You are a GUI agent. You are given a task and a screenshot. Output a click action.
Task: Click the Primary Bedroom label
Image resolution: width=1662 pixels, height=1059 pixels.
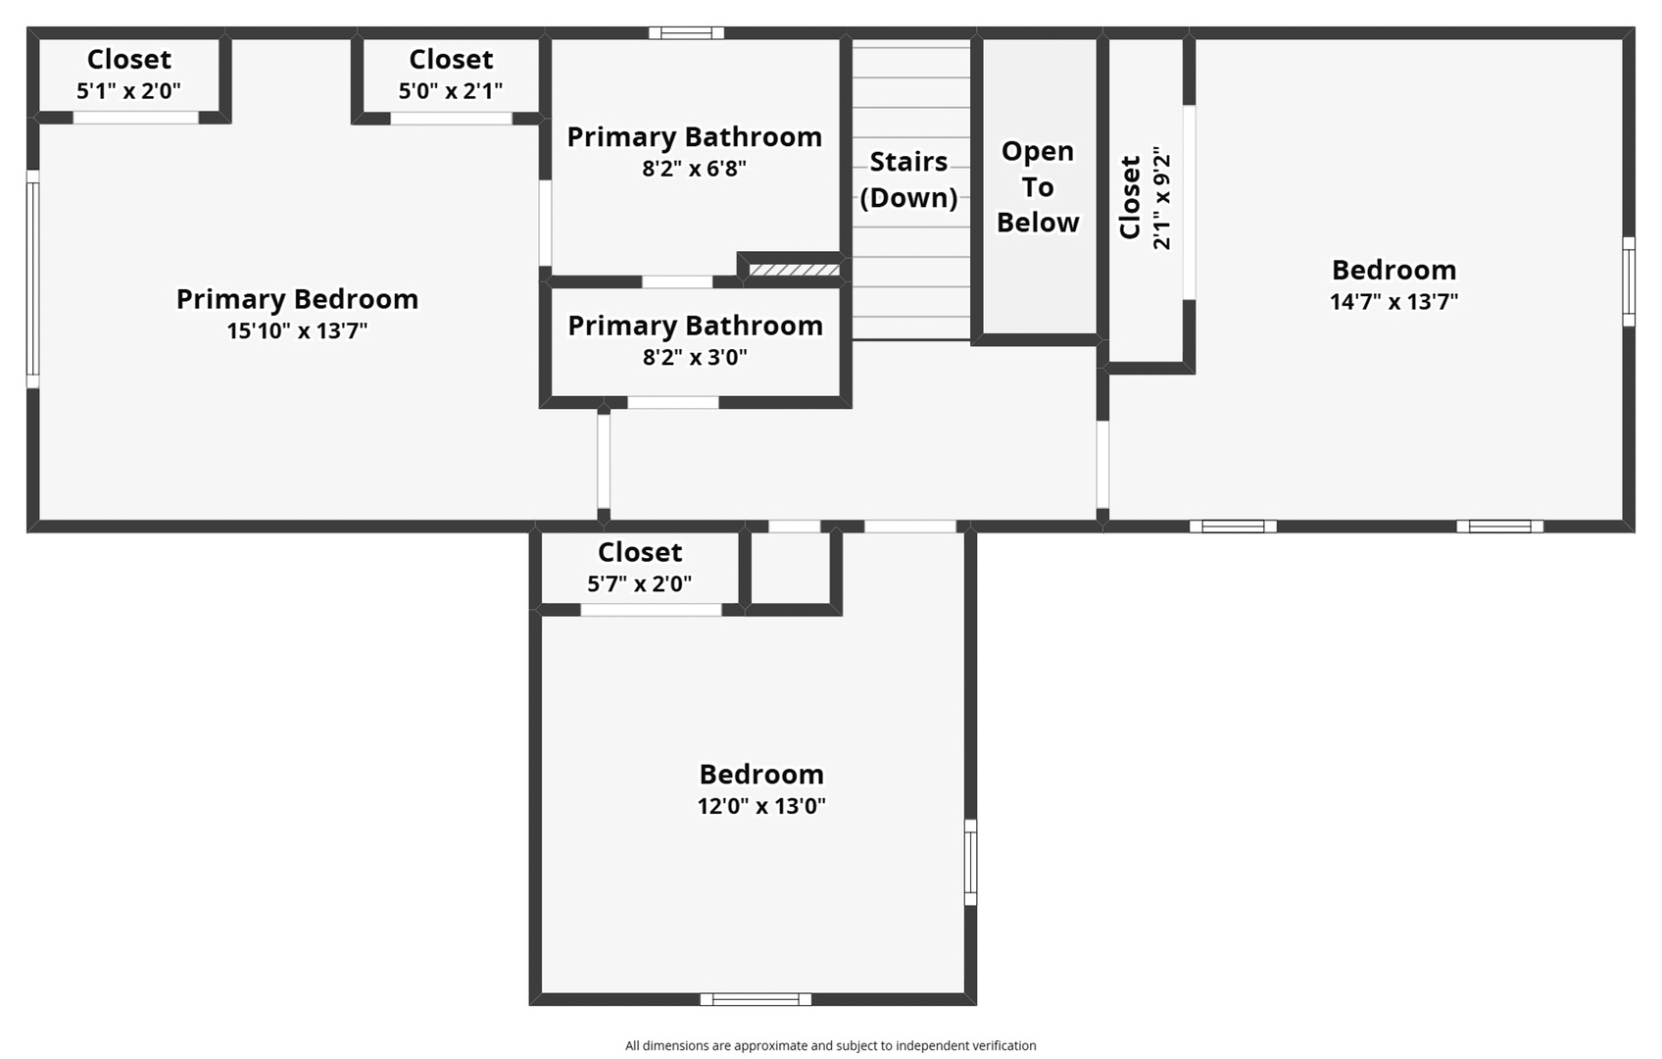[x=297, y=299]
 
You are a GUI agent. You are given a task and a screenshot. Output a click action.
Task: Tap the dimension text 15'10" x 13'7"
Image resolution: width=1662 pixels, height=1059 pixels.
[x=297, y=330]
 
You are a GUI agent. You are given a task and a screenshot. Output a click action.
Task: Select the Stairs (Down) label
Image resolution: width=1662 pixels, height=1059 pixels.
[x=908, y=179]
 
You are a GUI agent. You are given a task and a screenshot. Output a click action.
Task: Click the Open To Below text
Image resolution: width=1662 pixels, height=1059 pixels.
[x=1037, y=186]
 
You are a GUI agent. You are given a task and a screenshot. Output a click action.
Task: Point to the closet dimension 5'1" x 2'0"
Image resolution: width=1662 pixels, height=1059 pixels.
[x=128, y=91]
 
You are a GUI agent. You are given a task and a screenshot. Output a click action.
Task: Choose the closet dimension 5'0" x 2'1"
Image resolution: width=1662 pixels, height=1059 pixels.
[x=450, y=91]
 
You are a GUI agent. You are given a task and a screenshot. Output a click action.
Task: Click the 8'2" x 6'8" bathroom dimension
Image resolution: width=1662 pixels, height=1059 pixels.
[x=694, y=169]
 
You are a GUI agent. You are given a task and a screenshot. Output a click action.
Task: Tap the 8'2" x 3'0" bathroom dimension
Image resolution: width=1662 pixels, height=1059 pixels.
[x=695, y=357]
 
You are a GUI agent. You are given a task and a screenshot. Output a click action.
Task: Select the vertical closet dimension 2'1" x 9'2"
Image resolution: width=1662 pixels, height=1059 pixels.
[x=1162, y=199]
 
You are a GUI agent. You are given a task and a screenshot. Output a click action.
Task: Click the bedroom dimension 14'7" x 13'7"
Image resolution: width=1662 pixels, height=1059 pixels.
[x=1393, y=302]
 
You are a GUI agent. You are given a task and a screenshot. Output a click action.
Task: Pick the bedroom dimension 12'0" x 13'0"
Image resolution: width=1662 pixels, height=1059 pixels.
[x=761, y=806]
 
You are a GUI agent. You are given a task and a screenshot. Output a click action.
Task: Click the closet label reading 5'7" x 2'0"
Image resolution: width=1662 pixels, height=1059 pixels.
[x=639, y=584]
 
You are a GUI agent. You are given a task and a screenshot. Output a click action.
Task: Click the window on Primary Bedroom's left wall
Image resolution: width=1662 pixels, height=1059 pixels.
[x=32, y=279]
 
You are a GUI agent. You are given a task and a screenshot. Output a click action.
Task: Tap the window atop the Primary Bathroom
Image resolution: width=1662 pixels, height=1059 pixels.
[x=686, y=33]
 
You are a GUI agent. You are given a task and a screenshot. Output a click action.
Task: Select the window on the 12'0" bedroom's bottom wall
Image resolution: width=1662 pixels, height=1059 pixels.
[x=756, y=999]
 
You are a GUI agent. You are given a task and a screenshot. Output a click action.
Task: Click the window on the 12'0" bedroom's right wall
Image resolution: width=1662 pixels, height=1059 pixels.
[x=970, y=862]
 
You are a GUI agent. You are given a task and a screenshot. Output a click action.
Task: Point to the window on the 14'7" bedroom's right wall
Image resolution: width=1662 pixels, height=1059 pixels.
[x=1628, y=281]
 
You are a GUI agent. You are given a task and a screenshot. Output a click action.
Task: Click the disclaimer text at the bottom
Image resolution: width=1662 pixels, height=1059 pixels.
[x=830, y=1045]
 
